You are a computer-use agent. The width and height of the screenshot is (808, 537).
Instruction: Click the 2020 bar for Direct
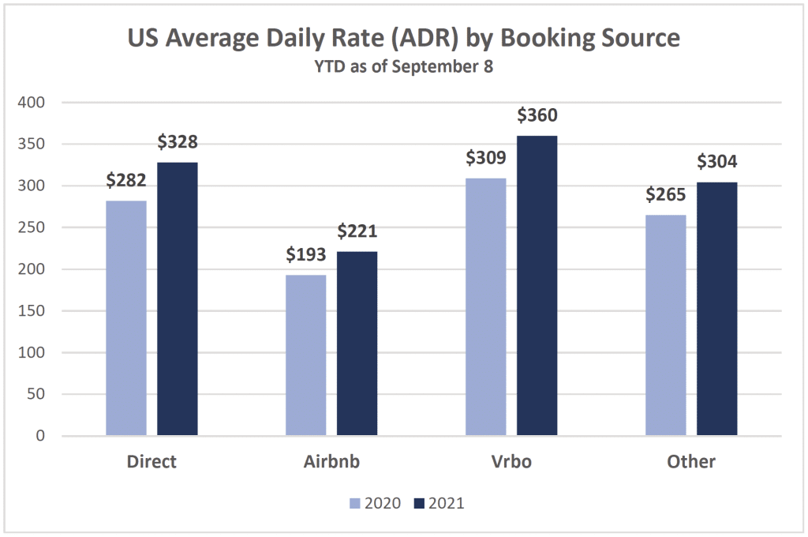point(126,318)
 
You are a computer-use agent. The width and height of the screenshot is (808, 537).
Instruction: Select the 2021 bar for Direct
point(178,299)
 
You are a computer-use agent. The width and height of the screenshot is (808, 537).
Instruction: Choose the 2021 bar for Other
point(717,309)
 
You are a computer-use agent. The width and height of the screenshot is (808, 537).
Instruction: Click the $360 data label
point(537,115)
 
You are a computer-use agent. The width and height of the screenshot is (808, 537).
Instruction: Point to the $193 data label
point(306,255)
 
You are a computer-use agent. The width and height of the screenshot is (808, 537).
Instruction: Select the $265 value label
point(666,195)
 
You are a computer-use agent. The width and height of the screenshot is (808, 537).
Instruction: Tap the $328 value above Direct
point(178,142)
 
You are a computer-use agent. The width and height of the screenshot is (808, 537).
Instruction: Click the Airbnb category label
point(331,462)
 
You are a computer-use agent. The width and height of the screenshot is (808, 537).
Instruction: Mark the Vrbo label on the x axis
point(511,462)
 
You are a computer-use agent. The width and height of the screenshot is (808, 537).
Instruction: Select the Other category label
point(691,462)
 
